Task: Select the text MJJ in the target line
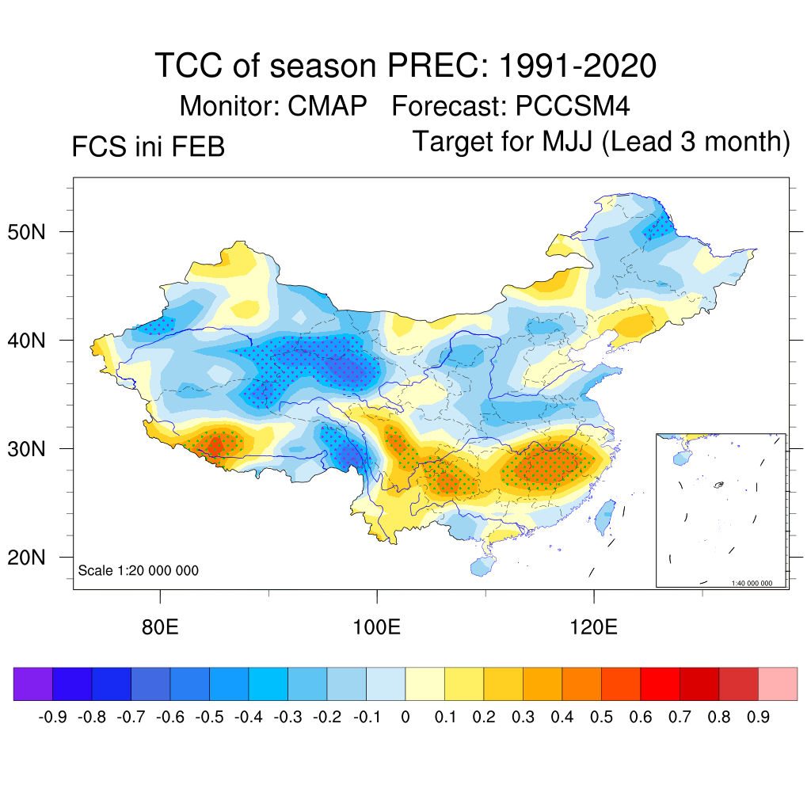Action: (569, 142)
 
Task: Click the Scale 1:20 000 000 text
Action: (138, 570)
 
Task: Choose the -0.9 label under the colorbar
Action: (52, 718)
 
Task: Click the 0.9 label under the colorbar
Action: (760, 718)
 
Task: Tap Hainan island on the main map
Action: (481, 565)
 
